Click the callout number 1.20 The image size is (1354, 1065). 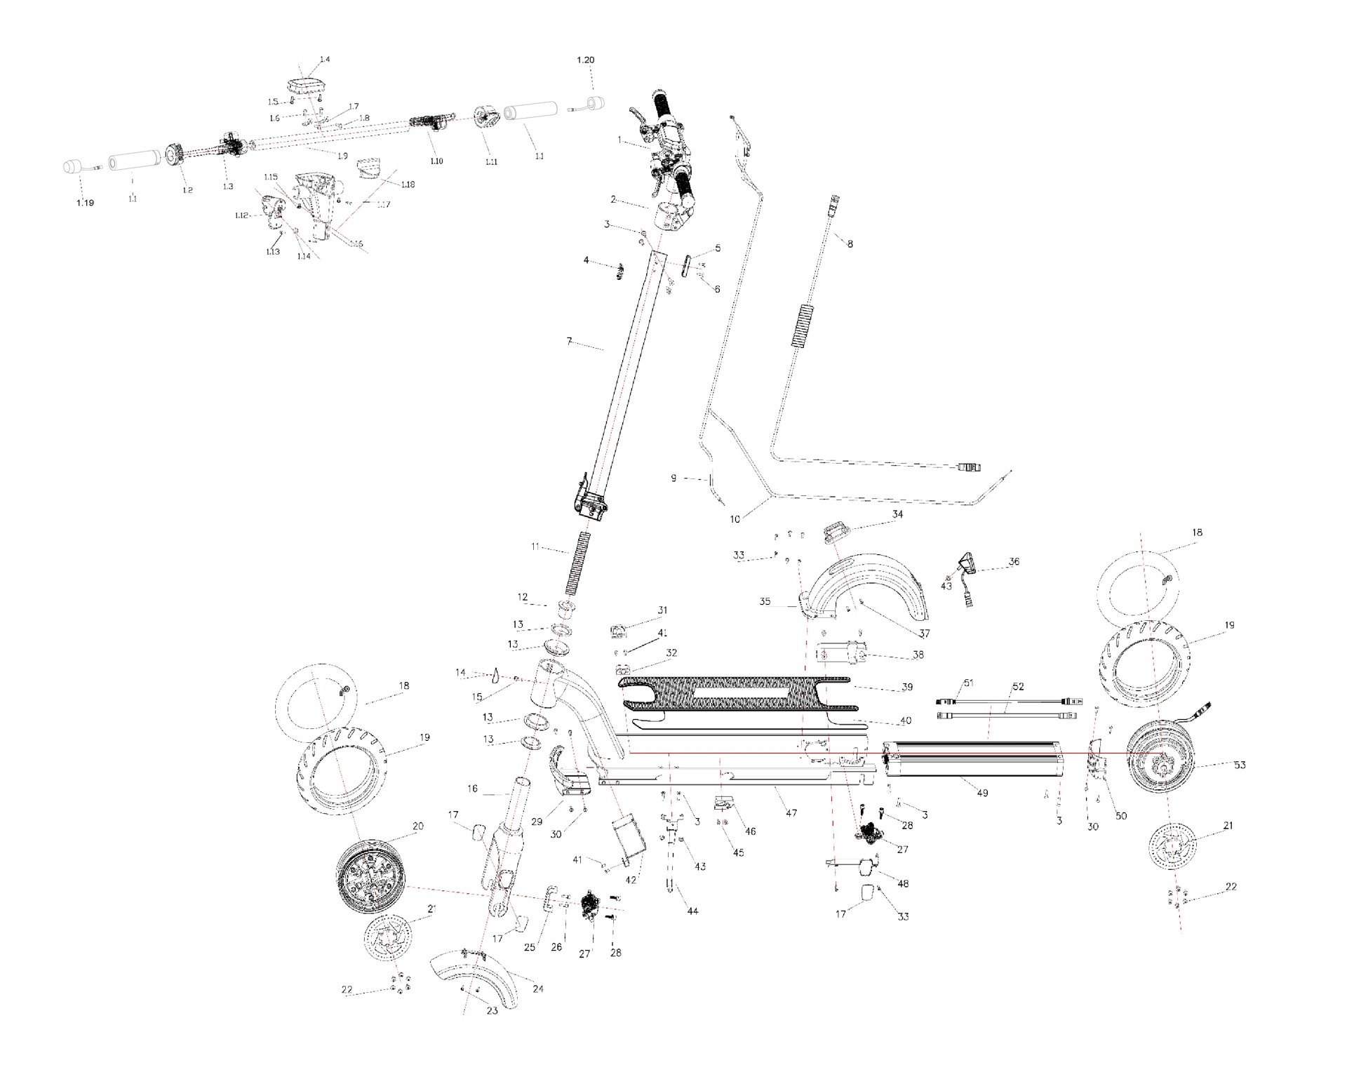tap(585, 60)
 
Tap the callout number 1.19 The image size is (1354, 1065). tap(85, 203)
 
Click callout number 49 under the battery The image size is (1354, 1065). tap(982, 793)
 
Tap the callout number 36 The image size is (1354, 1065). tap(1014, 561)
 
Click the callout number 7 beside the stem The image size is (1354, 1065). tap(569, 342)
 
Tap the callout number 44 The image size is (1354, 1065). tap(692, 911)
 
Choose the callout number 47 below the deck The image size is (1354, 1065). tap(791, 813)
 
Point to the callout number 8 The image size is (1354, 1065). tap(850, 244)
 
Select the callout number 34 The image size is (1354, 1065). tap(897, 514)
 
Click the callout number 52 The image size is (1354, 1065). tap(1019, 686)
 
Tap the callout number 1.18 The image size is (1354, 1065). tap(408, 185)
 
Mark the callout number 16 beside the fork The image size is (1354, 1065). tap(472, 789)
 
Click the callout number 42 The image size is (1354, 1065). tap(631, 880)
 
